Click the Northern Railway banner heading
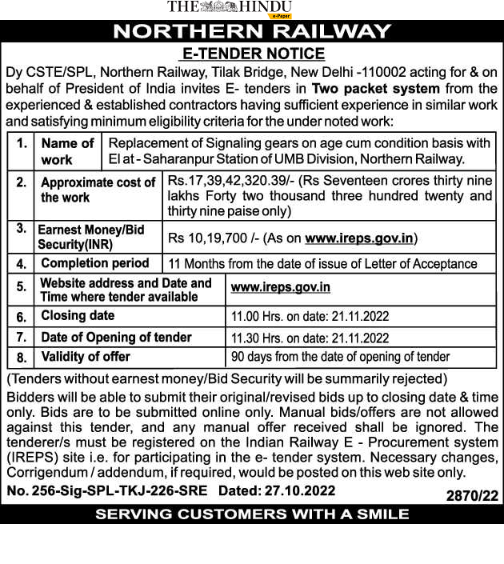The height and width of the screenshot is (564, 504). pyautogui.click(x=252, y=32)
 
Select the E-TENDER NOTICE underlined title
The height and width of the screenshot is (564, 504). pyautogui.click(x=252, y=54)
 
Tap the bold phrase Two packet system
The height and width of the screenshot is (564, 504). pyautogui.click(x=375, y=88)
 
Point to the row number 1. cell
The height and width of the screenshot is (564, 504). pyautogui.click(x=22, y=144)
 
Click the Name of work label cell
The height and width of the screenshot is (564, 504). pyautogui.click(x=67, y=151)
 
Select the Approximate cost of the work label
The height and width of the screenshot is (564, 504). pyautogui.click(x=98, y=190)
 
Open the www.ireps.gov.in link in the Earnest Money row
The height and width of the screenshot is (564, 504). pyautogui.click(x=361, y=238)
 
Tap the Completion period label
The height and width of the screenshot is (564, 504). pyautogui.click(x=94, y=263)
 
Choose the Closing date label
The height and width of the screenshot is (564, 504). pyautogui.click(x=78, y=316)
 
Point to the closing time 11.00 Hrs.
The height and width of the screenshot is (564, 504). pyautogui.click(x=254, y=317)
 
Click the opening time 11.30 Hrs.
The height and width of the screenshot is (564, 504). pyautogui.click(x=254, y=338)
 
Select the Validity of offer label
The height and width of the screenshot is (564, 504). pyautogui.click(x=86, y=357)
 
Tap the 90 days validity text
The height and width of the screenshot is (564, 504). pyautogui.click(x=340, y=357)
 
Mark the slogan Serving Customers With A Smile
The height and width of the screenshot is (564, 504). pyautogui.click(x=252, y=514)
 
